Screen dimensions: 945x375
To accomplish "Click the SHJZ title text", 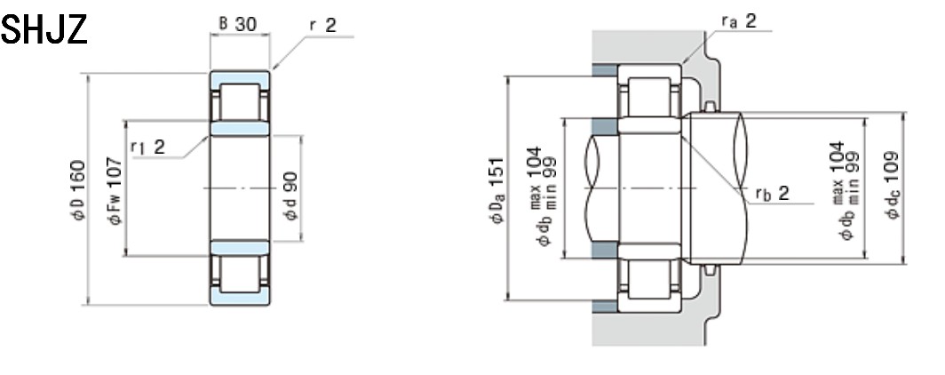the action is pos(44,30).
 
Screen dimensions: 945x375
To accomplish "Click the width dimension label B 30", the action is pos(237,23).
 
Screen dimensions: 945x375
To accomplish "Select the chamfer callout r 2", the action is pos(323,25).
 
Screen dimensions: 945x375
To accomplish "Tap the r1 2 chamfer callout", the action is pos(147,147).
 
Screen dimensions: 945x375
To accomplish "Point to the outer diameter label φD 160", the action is pos(79,190).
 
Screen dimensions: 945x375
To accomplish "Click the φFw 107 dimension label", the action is pos(115,190).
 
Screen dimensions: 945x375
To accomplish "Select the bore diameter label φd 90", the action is pos(291,195).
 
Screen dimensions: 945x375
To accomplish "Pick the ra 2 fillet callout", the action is pos(739,21).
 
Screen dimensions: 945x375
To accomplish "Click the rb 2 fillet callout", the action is pos(773,194).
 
